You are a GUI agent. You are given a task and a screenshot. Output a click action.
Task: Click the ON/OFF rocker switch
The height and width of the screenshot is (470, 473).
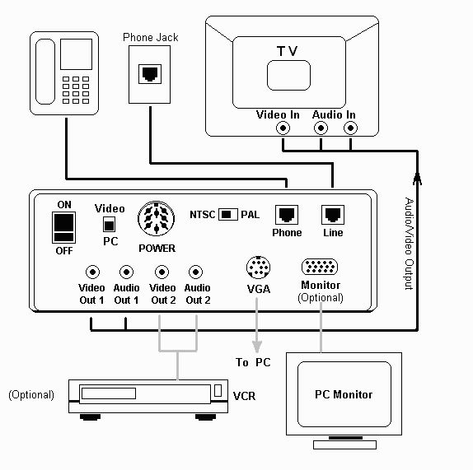pos(63,227)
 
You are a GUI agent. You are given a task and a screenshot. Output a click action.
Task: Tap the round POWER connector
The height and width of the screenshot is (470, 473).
pos(157,219)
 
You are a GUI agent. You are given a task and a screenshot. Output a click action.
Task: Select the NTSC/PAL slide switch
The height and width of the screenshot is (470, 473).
pos(227,214)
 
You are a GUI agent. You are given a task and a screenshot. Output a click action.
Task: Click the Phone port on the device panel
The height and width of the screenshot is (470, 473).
pos(287,215)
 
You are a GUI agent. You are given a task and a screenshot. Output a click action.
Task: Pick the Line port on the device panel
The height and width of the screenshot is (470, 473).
pos(333,215)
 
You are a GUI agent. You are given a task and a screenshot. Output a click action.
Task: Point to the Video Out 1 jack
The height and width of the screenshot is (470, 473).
pos(92,272)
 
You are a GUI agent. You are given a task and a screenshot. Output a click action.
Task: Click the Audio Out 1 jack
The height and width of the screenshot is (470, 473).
pos(126,272)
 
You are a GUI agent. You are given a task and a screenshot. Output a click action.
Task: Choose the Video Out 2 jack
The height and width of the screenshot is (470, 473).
pos(162,272)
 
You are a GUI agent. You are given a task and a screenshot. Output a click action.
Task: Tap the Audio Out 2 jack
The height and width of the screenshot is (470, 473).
pos(196,272)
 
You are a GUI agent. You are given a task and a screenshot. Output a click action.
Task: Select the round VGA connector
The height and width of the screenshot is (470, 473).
pos(258,268)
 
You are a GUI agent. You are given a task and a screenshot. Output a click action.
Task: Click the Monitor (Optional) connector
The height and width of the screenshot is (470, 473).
pos(320,267)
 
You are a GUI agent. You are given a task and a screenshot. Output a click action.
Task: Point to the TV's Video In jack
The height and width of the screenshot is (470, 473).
pos(283,128)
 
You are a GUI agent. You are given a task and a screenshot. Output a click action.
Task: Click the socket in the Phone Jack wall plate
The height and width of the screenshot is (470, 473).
pos(150,74)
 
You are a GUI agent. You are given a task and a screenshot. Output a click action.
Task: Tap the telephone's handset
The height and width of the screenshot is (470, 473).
pos(45,72)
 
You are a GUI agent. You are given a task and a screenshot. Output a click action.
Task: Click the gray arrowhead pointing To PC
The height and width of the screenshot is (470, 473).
pos(257,347)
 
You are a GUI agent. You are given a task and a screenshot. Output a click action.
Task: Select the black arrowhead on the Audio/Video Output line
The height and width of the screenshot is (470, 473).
pos(417,178)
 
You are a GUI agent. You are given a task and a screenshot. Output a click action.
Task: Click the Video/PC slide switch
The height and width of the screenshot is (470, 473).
pos(109,224)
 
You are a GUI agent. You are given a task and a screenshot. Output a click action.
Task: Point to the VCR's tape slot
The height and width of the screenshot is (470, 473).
pos(109,393)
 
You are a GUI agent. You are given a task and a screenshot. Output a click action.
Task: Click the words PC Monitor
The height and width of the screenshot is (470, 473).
pos(344,394)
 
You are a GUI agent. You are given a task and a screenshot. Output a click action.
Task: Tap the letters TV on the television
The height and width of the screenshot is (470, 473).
pos(287,51)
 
